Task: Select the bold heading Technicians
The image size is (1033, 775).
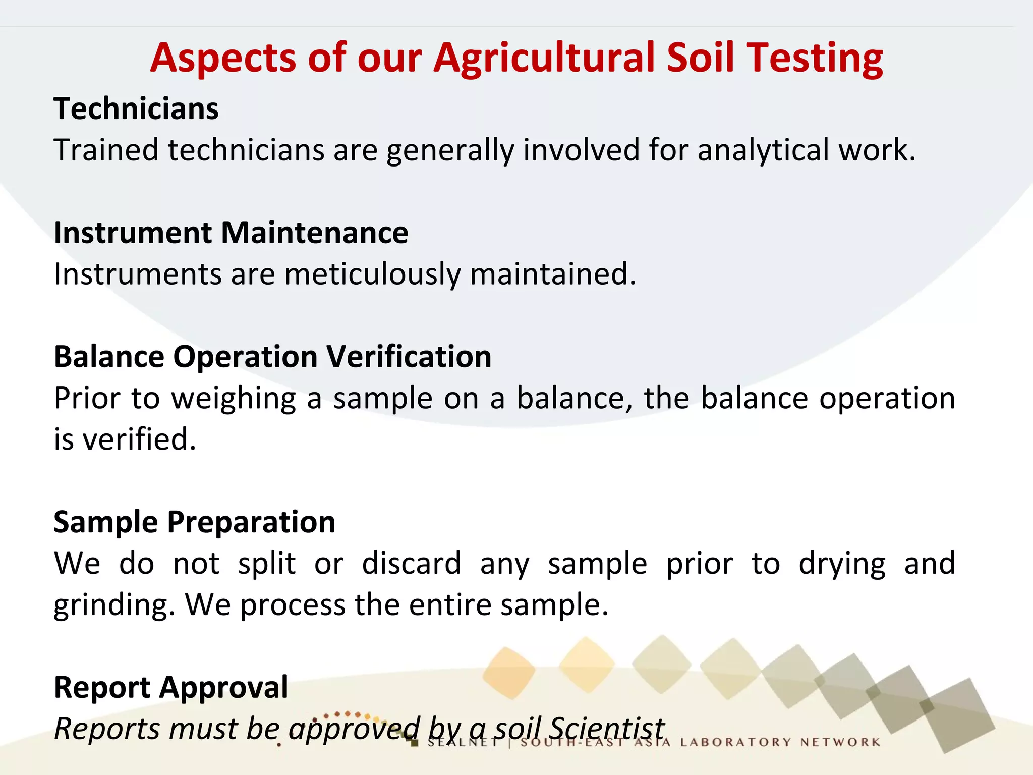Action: (x=136, y=109)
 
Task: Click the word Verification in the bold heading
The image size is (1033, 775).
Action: (x=409, y=357)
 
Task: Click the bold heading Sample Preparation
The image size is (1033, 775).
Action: (x=194, y=522)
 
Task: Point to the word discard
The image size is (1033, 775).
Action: (x=411, y=564)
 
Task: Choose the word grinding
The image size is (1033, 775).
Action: (x=114, y=606)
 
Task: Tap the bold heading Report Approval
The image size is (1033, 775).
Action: (x=171, y=688)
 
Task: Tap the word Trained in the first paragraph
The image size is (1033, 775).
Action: (x=106, y=150)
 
